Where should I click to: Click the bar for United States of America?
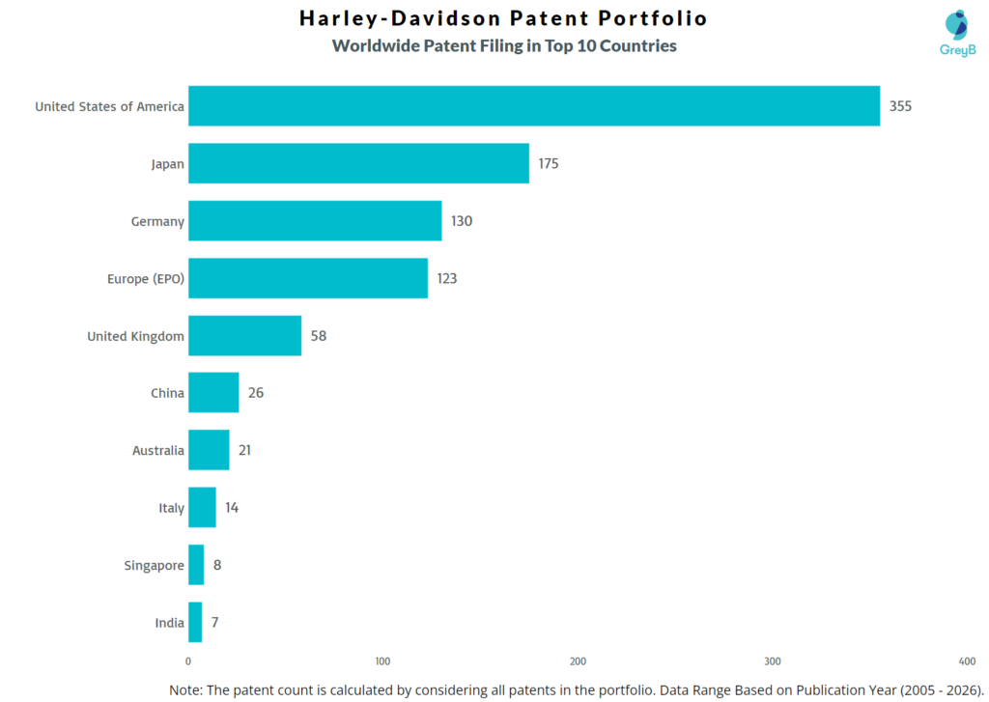tap(533, 106)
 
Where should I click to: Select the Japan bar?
tap(358, 163)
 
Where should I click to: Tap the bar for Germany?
tap(315, 221)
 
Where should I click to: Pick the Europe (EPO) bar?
tap(307, 278)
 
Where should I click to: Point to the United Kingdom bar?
tap(244, 336)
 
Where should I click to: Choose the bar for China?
tap(213, 393)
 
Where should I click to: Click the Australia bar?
tap(209, 450)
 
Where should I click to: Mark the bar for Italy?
tap(202, 508)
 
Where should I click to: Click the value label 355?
tap(900, 106)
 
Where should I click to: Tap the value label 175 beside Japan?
tap(549, 163)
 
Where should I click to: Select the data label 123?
tap(446, 278)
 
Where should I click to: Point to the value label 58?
tap(319, 336)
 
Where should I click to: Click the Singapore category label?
tap(154, 566)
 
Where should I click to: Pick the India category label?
tap(169, 623)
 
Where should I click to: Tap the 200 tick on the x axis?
tap(578, 661)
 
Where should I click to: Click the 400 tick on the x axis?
tap(967, 661)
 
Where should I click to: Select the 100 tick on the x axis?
tap(382, 661)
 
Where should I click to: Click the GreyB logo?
tap(957, 33)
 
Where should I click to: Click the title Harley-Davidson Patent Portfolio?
tap(503, 18)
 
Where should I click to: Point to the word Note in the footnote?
tap(185, 689)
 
